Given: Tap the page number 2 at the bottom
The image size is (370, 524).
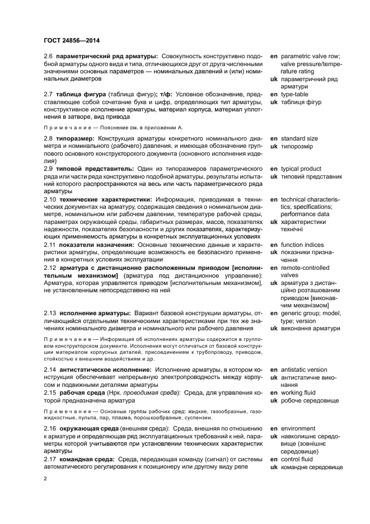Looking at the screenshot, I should [46, 478].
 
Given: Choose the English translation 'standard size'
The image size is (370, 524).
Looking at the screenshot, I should [299, 138].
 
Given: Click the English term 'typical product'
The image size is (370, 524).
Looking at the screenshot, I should [301, 169].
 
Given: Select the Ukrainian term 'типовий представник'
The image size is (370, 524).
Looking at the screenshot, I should [311, 176].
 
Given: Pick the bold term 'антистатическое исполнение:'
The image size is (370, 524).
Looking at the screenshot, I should [105, 369].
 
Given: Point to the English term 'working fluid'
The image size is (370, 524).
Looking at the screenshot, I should [299, 392].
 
